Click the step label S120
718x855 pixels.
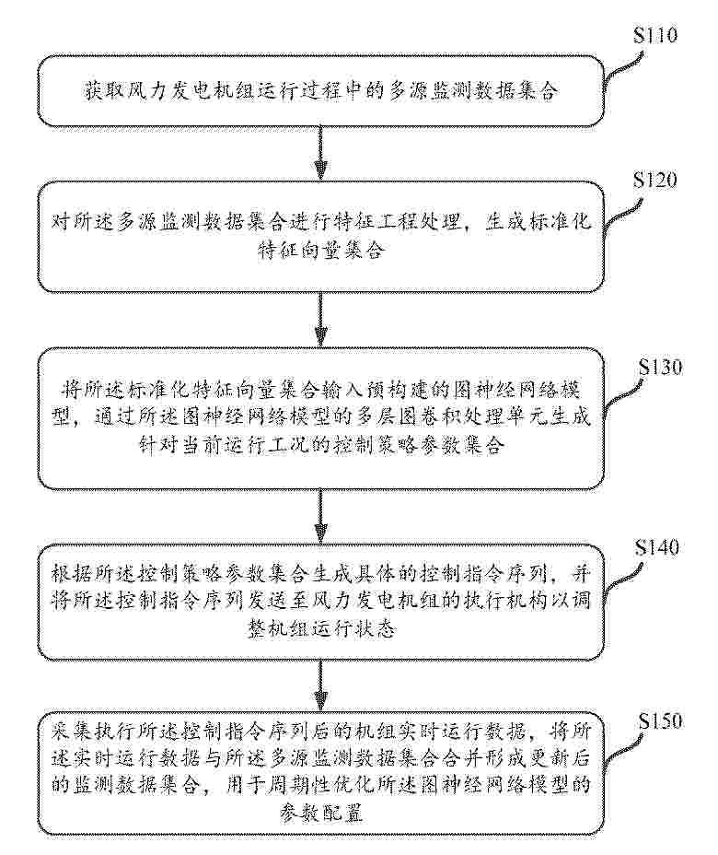654,179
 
